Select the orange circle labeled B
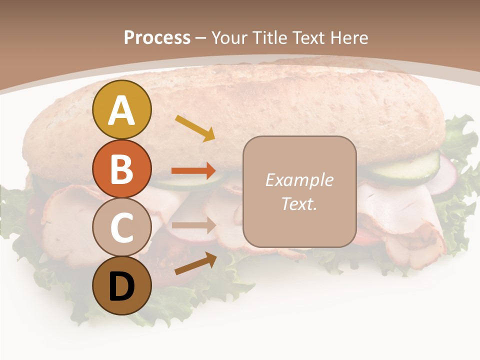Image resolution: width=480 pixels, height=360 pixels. click(x=121, y=169)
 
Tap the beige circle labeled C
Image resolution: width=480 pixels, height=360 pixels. click(x=121, y=227)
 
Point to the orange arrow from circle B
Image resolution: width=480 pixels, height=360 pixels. click(x=194, y=170)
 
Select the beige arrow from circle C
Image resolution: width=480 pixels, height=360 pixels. click(x=194, y=225)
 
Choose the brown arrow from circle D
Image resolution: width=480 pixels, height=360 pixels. click(x=195, y=263)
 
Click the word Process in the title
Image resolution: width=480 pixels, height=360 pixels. click(x=157, y=37)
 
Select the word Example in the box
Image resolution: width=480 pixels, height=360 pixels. click(x=299, y=180)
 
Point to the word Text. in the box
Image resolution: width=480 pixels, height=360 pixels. click(x=299, y=203)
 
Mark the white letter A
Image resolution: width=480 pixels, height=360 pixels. click(x=121, y=110)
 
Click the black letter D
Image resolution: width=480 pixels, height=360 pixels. click(x=121, y=287)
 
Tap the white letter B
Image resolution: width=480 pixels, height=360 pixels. click(x=121, y=169)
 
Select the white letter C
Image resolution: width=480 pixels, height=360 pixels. click(x=121, y=227)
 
